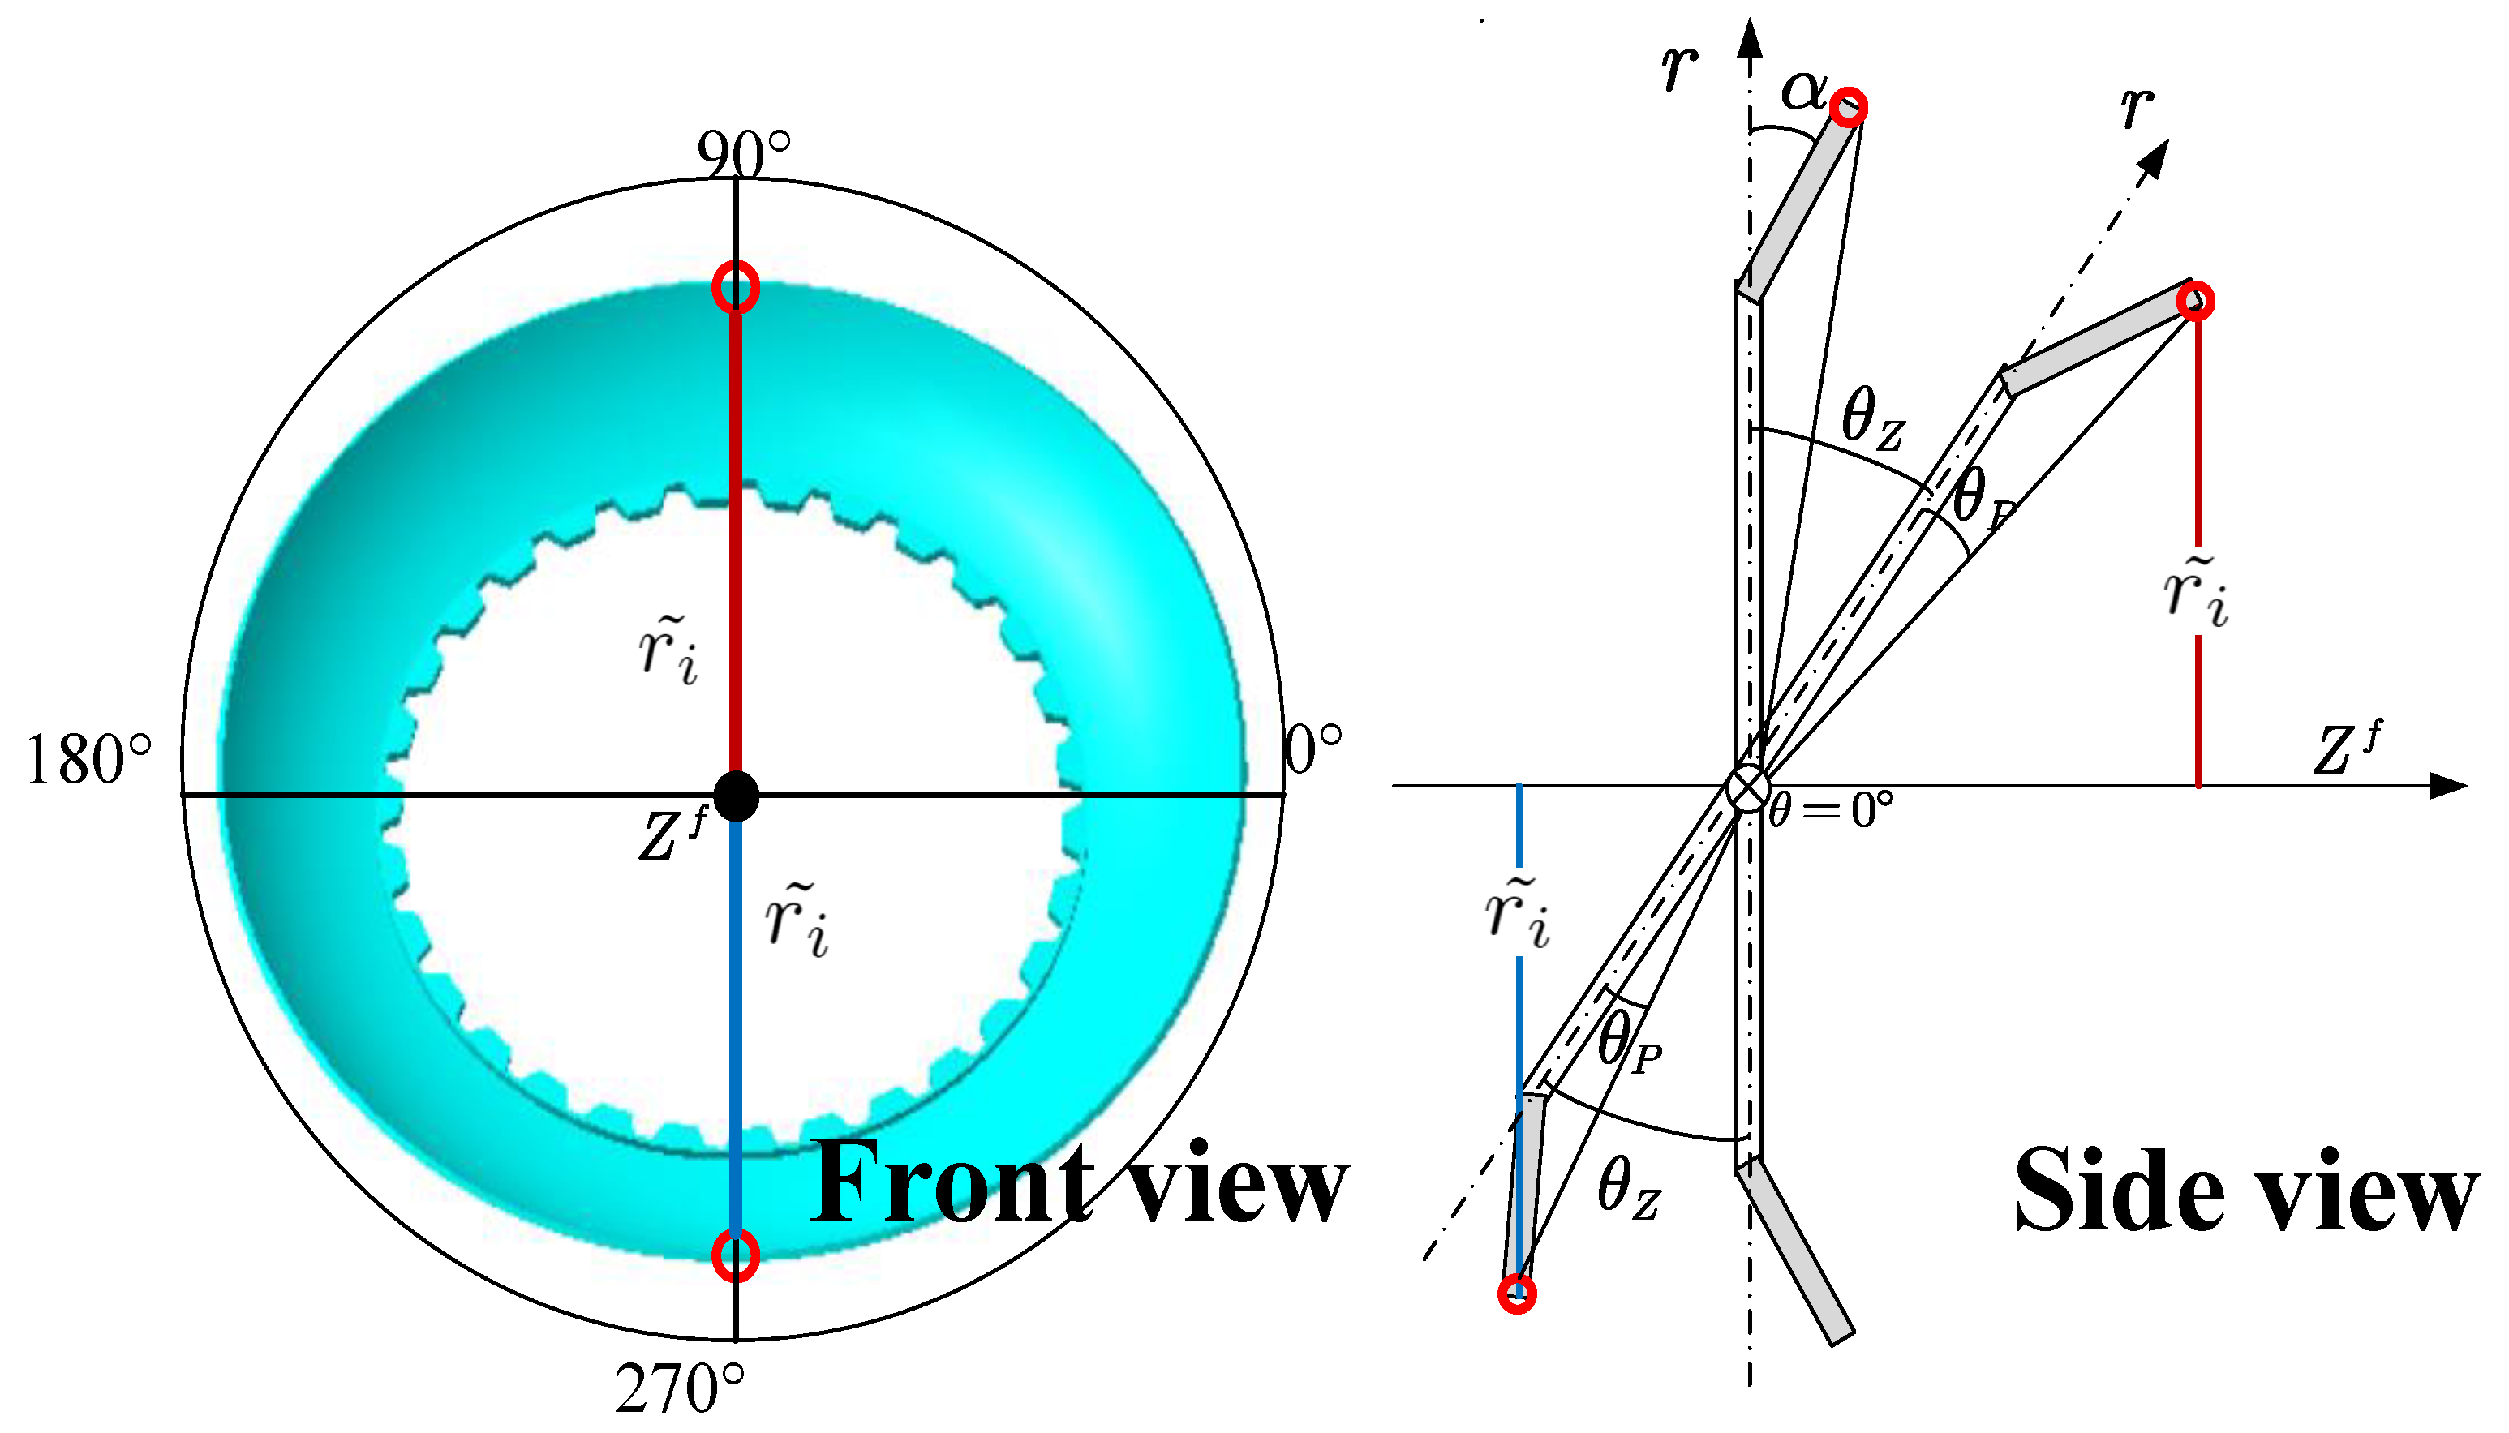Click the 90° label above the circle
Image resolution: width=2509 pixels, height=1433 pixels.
743,155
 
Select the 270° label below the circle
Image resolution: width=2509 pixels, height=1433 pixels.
679,1388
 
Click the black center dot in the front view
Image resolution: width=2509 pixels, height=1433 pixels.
735,796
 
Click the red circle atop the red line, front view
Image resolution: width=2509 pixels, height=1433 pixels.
735,286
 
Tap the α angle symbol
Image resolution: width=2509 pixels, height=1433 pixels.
1804,91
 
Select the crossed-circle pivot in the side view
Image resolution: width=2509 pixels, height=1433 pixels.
1748,788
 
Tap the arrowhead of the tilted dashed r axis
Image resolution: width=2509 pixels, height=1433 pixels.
2155,157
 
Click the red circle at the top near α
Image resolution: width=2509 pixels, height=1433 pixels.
1849,106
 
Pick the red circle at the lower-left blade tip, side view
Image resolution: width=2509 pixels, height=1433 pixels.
1517,1294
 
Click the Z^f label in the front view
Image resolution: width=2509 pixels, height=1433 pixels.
673,834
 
